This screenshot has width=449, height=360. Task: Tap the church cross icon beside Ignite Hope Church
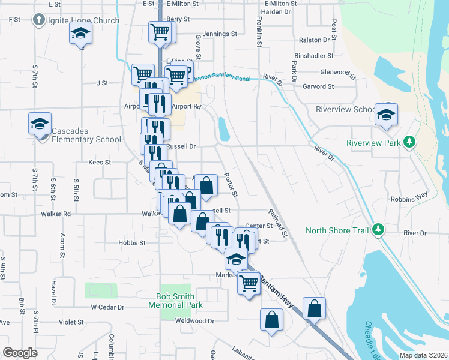pos(39,20)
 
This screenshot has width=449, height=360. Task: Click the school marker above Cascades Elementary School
pos(40,124)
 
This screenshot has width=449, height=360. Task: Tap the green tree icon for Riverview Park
pos(410,142)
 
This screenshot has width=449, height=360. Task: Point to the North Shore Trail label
pos(338,230)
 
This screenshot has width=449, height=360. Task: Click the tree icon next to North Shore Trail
pos(378,229)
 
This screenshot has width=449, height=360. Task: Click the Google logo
pos(20,352)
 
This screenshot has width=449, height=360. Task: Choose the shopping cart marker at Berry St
pos(160,31)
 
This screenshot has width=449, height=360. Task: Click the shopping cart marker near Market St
pos(248,283)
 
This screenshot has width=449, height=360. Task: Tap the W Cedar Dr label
pos(107,307)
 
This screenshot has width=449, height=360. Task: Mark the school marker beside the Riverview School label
pos(386,113)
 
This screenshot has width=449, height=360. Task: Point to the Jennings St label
pos(220,34)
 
